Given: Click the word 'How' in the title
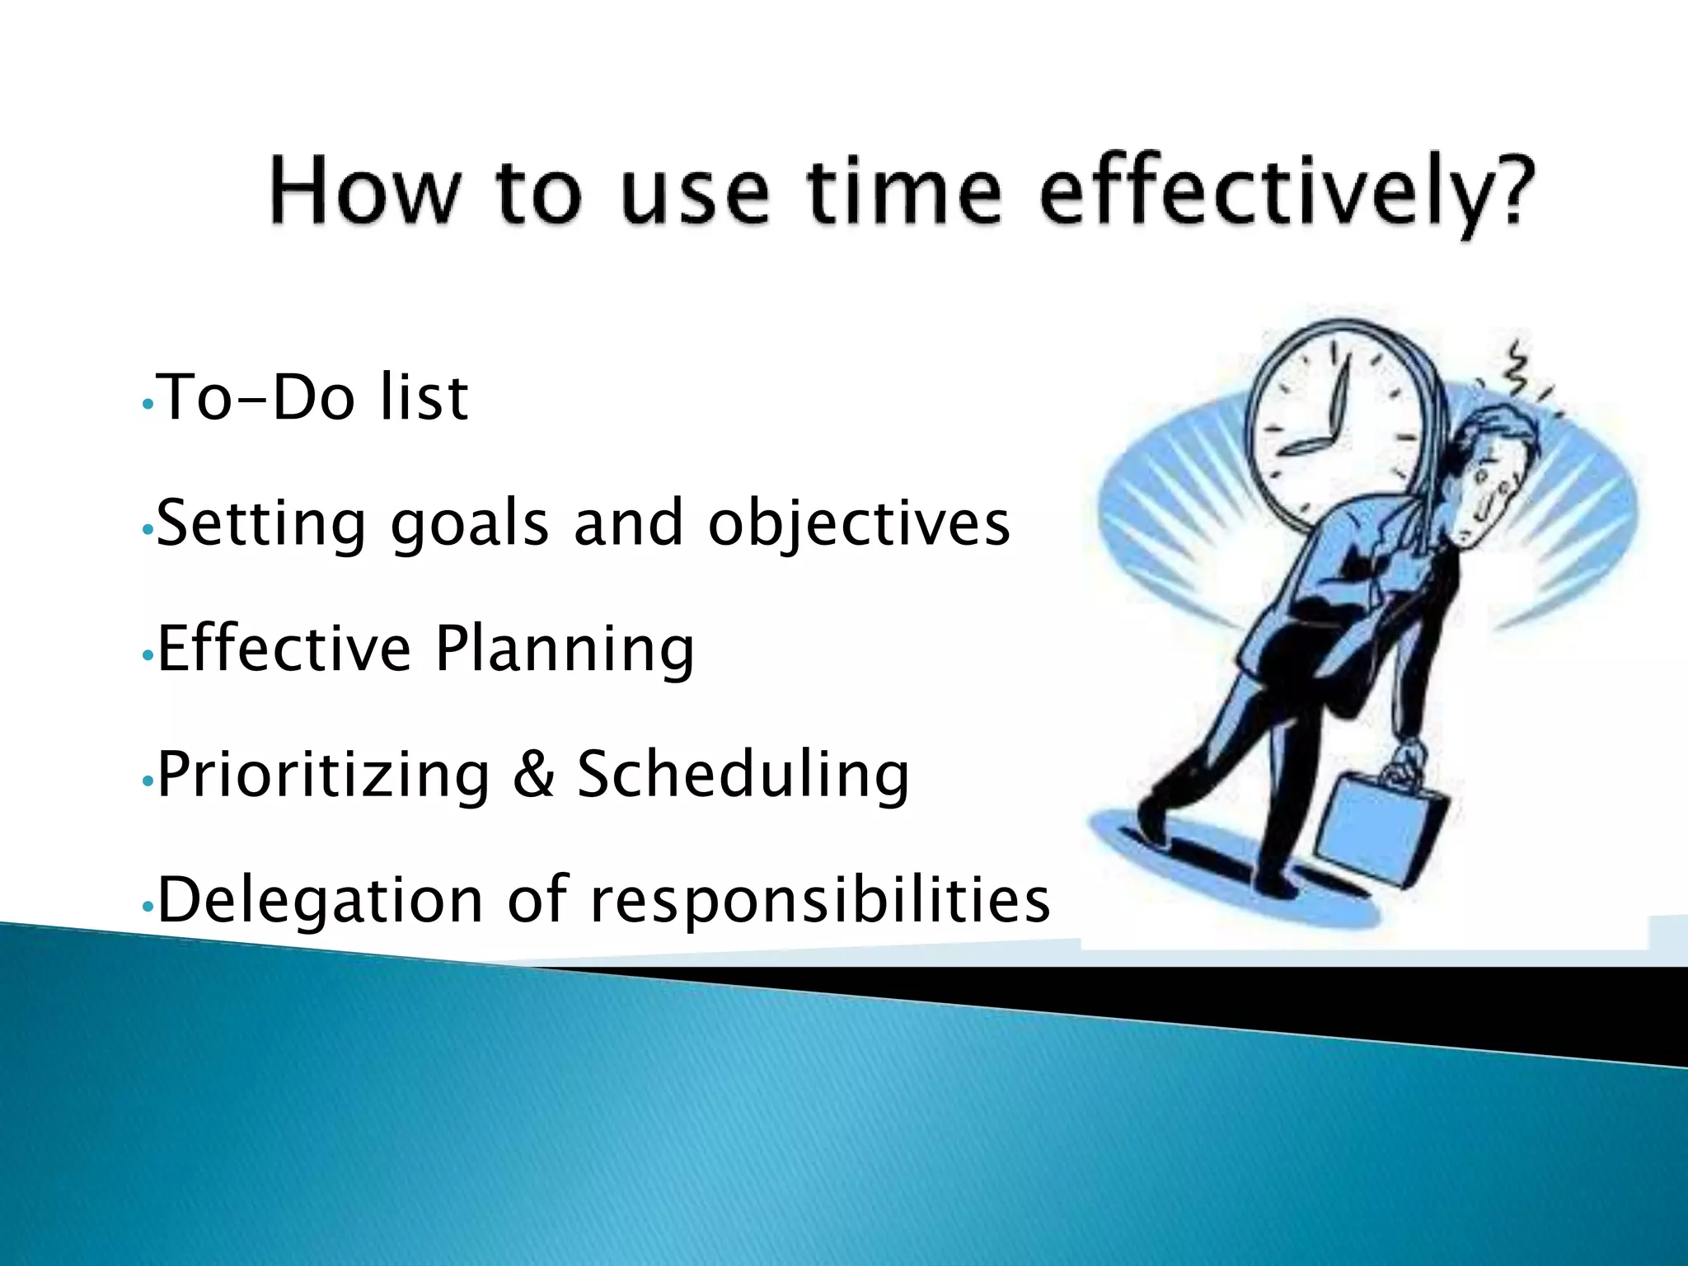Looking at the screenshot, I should click(363, 192).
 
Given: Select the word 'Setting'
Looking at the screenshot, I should click(260, 524).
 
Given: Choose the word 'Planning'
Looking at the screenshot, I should click(565, 651).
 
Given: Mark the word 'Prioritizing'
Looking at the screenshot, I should click(324, 776).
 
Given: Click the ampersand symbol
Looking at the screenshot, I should click(533, 775).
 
